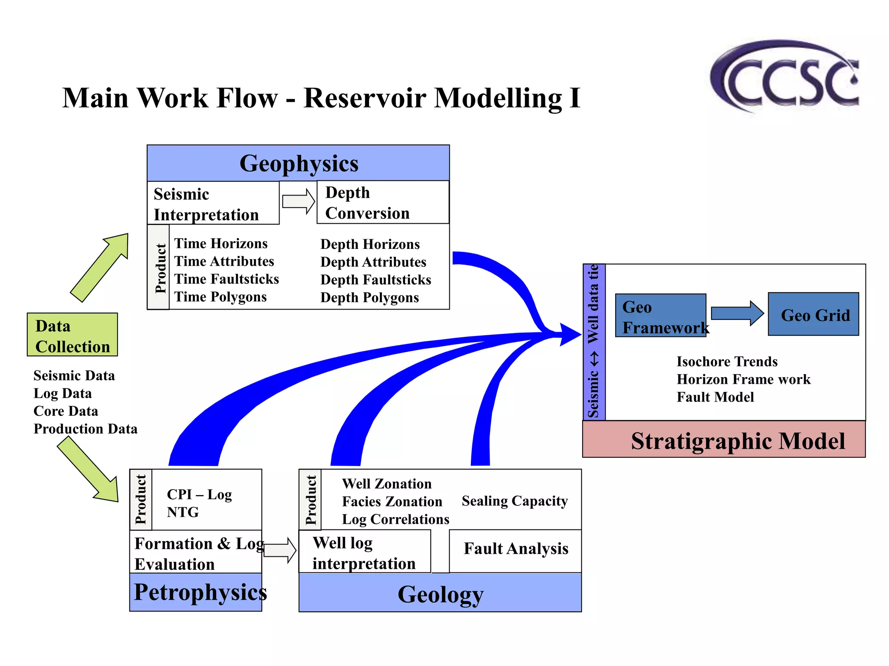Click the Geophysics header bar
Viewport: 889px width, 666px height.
pyautogui.click(x=298, y=163)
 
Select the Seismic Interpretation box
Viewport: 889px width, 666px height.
pyautogui.click(x=213, y=203)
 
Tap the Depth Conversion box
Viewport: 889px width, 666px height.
pyautogui.click(x=382, y=202)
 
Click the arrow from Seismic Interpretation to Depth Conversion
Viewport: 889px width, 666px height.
pyautogui.click(x=298, y=202)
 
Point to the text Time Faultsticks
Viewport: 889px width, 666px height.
pyautogui.click(x=226, y=279)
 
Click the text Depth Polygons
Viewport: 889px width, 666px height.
pyautogui.click(x=369, y=298)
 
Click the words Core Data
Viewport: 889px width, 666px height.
pyautogui.click(x=66, y=411)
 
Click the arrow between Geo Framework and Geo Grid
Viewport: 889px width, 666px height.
pyautogui.click(x=737, y=313)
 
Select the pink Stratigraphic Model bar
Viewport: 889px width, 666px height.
pyautogui.click(x=724, y=440)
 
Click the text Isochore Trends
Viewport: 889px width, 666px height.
pyautogui.click(x=727, y=362)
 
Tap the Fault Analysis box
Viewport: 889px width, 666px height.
pyautogui.click(x=515, y=549)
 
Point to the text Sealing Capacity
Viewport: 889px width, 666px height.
pyautogui.click(x=515, y=501)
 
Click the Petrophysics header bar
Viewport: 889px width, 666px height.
pyautogui.click(x=196, y=593)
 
